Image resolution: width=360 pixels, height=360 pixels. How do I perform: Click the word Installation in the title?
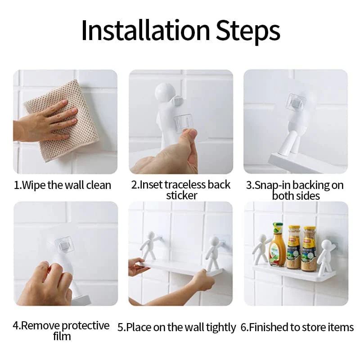pos(145,30)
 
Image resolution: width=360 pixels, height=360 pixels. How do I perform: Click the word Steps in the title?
pos(248,32)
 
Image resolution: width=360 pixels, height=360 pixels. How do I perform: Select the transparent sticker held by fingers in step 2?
pos(183,121)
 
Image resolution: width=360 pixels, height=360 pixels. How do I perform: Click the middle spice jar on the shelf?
pos(293,247)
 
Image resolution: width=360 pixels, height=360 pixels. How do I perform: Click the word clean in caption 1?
pos(99,185)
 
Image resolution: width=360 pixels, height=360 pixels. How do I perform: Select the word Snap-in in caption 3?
pos(269,185)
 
